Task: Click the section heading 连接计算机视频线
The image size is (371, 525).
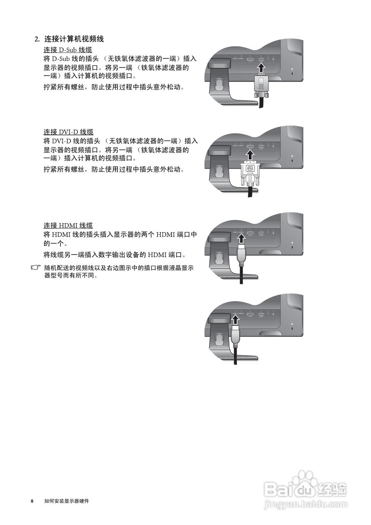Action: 74,39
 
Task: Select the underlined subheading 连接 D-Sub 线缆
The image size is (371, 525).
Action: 68,50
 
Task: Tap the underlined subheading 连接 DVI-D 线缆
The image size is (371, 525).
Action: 69,132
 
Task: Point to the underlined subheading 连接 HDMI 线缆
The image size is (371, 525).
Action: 68,225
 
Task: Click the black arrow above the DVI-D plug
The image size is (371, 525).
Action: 250,154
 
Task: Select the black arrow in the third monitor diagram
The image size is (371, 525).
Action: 241,238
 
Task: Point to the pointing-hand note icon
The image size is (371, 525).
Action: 37,268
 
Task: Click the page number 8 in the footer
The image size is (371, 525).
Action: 32,501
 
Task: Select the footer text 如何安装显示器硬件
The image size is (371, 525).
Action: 66,501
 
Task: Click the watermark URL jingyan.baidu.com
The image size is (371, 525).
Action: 306,503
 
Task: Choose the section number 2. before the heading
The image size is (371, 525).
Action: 37,39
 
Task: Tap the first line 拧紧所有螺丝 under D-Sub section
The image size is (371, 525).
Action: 114,87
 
